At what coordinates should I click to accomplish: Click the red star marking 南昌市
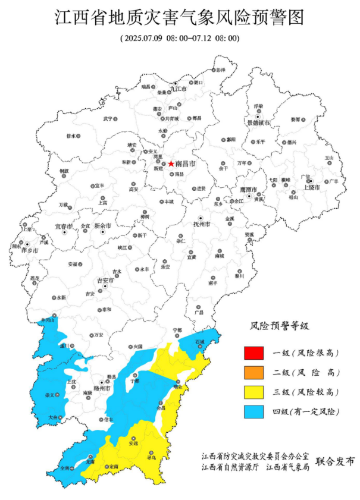click(171, 163)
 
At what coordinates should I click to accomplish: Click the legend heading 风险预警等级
click(280, 326)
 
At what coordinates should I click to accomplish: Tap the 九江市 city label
click(179, 89)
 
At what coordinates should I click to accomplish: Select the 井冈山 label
click(47, 321)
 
